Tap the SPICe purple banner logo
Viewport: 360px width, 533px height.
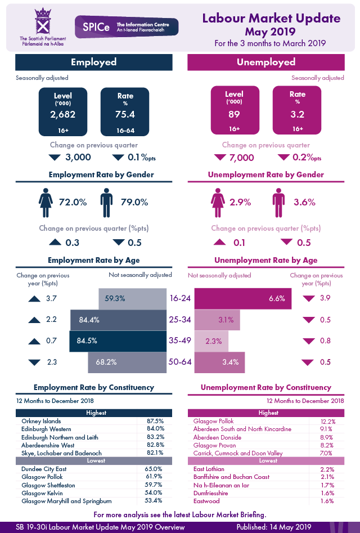click(x=127, y=26)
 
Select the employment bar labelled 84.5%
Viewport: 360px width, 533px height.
click(x=118, y=341)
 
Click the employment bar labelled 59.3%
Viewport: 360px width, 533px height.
click(x=133, y=298)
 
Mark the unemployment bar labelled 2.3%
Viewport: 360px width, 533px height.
click(x=211, y=341)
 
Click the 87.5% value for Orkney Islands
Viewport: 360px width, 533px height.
click(x=155, y=421)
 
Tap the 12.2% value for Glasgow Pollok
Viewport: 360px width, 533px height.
click(x=327, y=421)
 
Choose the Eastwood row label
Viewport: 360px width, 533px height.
click(x=206, y=501)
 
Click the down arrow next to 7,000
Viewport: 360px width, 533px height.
click(x=219, y=158)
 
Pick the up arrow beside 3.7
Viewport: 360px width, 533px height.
click(x=35, y=298)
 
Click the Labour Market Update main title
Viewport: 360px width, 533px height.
click(x=271, y=19)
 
